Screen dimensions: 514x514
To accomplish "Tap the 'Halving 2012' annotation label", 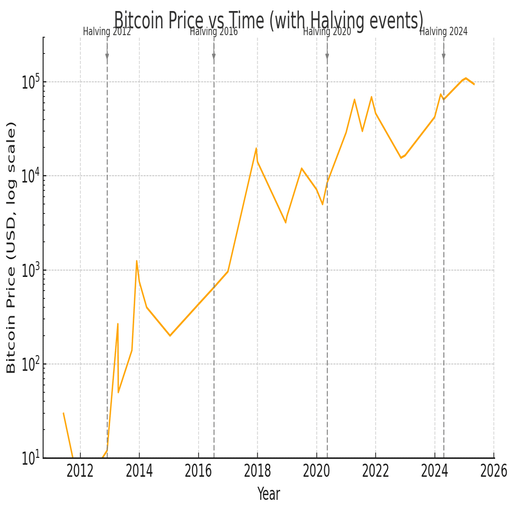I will pos(107,31).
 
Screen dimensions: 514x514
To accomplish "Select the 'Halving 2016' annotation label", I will pos(213,31).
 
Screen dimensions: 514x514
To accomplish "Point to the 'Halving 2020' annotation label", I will pos(327,31).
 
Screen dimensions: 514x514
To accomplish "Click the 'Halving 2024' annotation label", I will pos(443,31).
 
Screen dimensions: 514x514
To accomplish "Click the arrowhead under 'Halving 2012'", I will pos(107,57).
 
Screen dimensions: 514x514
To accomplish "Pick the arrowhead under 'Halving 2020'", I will pos(327,57).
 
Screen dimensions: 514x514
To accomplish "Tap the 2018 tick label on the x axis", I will pos(257,471).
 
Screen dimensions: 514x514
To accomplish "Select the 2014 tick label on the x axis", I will pos(139,471).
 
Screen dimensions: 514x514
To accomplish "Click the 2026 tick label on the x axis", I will pos(494,471).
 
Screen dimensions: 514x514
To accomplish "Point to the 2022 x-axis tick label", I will pos(376,471).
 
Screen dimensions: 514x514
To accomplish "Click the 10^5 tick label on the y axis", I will pos(31,82).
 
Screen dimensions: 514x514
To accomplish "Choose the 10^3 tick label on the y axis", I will pos(31,271).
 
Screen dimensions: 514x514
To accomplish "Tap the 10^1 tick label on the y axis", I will pos(31,459).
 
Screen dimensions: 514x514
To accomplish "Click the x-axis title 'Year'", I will pos(269,494).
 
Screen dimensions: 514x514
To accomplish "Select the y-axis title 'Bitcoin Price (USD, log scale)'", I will pos(12,248).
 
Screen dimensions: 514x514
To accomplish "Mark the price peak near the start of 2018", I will pos(256,148).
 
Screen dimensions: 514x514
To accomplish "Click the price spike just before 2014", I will pos(136,261).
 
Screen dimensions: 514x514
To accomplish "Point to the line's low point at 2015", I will pos(169,336).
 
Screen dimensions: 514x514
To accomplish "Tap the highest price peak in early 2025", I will pos(465,78).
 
